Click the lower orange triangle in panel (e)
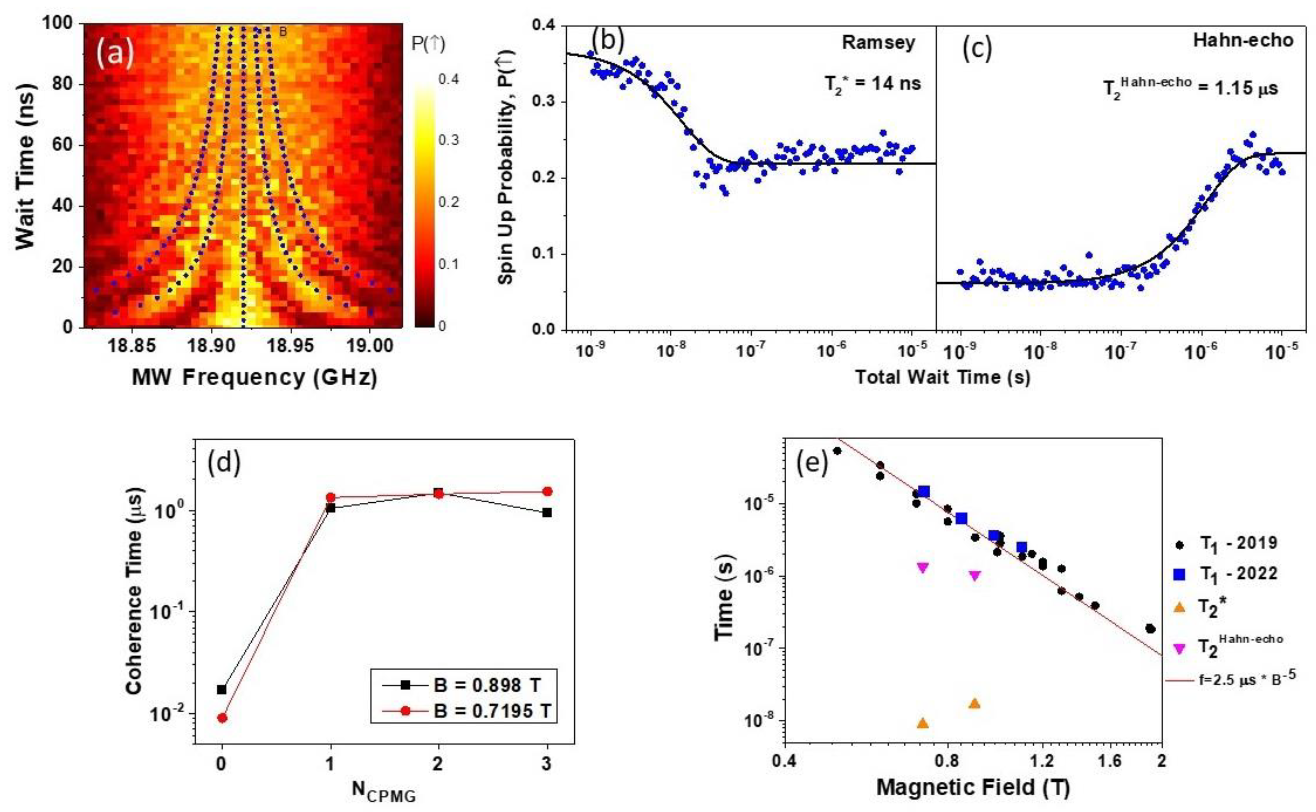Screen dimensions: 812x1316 923,723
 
